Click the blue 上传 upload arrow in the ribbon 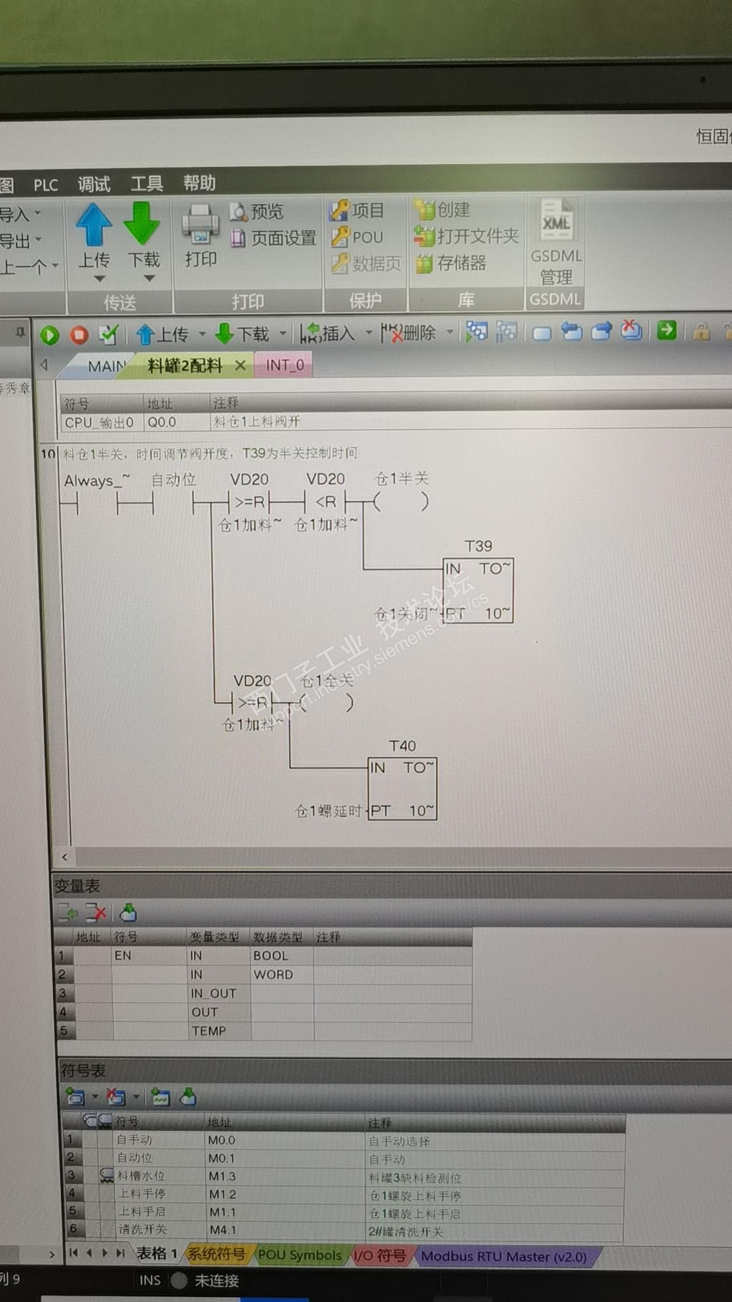click(94, 225)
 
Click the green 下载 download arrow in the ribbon click(142, 224)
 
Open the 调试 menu click(94, 184)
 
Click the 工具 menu click(146, 184)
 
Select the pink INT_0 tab click(285, 366)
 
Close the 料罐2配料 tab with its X click(240, 366)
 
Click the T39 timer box click(478, 590)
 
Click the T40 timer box click(402, 789)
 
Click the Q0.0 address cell click(162, 422)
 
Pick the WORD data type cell click(274, 974)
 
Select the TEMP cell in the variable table click(209, 1031)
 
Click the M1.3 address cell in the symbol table click(222, 1177)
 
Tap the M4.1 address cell click(222, 1229)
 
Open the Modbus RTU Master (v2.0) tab click(504, 1257)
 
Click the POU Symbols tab click(300, 1255)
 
